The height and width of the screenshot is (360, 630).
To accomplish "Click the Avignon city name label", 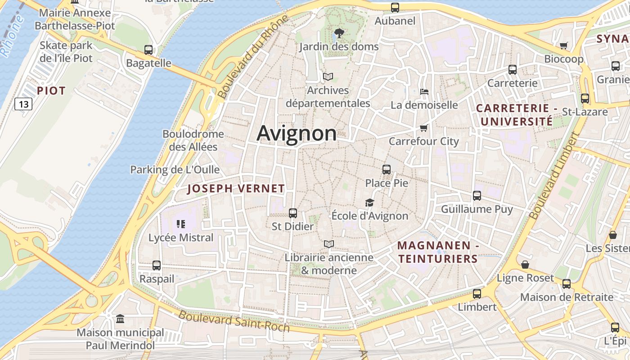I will tap(297, 134).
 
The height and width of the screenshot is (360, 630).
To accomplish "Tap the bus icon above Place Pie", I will tap(387, 170).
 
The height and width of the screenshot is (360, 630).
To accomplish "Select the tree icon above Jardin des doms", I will tap(339, 33).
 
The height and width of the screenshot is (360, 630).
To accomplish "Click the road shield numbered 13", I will tap(23, 104).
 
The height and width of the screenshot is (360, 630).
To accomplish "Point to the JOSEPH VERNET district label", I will tap(236, 189).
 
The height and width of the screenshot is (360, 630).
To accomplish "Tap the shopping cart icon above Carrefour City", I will tap(423, 128).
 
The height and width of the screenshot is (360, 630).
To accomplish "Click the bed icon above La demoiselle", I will tap(424, 92).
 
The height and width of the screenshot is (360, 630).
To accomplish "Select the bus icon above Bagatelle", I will tap(148, 50).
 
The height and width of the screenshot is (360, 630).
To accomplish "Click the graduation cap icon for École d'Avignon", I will tap(369, 202).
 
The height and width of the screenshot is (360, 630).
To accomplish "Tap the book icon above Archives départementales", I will tap(328, 77).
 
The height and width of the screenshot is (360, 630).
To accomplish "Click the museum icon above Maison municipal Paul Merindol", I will tap(120, 319).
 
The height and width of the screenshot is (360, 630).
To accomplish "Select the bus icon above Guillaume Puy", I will tap(477, 196).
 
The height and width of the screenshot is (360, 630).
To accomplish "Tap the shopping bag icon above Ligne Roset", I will tap(525, 265).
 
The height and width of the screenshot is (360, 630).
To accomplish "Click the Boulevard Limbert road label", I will tap(553, 176).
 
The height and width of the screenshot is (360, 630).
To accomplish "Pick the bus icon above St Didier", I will tap(293, 213).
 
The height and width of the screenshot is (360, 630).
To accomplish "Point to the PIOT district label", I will tap(51, 91).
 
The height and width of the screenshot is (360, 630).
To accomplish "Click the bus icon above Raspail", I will tap(157, 265).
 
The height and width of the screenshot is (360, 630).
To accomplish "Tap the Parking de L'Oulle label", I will tap(175, 170).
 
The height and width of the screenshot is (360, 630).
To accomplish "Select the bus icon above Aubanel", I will tap(395, 7).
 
